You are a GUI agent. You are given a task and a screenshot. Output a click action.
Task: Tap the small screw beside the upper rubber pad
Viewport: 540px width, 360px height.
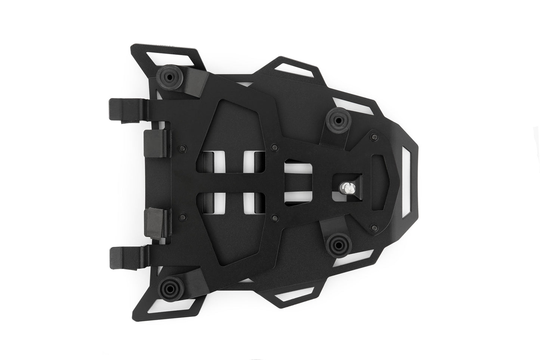point(182,147)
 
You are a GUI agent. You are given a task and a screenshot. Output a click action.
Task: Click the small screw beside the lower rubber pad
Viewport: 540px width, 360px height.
point(182,216)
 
